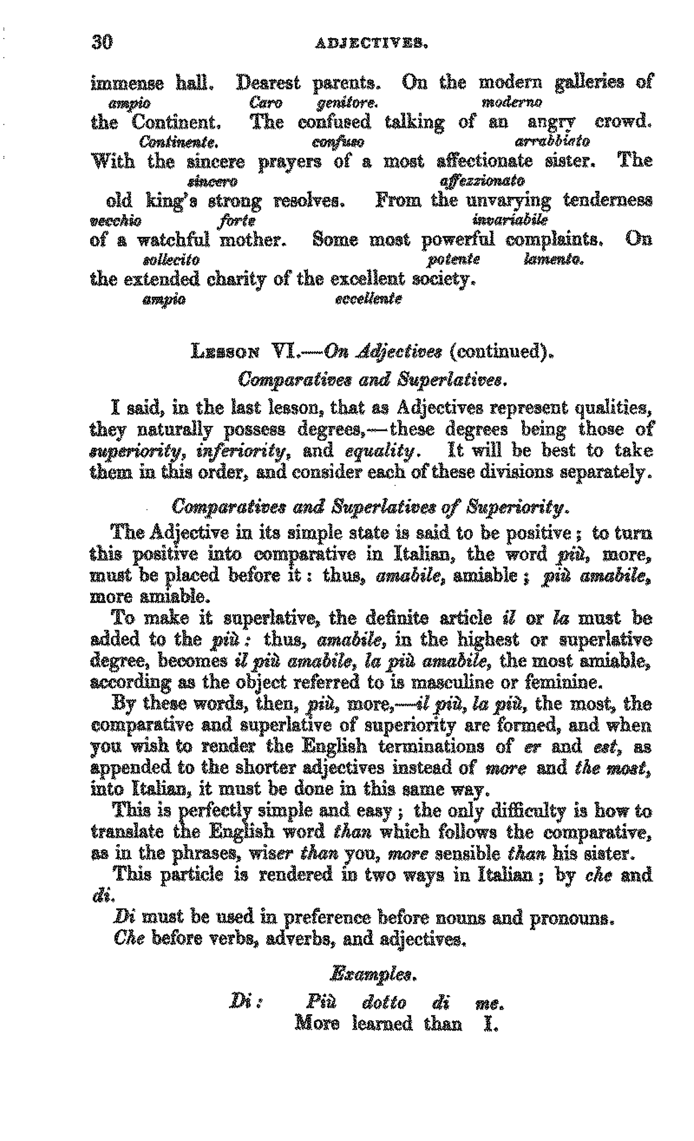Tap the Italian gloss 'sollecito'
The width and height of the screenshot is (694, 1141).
[x=171, y=260]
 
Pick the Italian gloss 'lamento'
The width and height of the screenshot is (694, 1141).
[x=553, y=260]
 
